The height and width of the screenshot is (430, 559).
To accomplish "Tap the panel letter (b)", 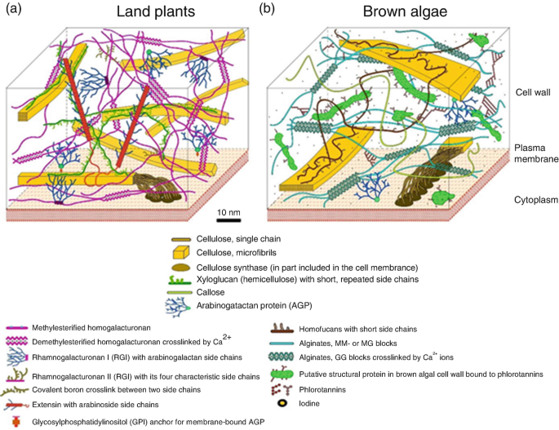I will point(267,9).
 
